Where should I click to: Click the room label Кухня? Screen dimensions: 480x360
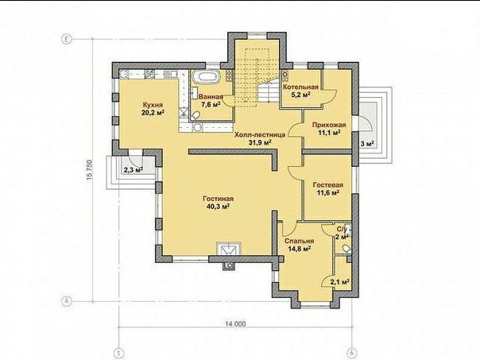click(x=153, y=105)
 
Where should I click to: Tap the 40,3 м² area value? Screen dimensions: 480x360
click(x=219, y=207)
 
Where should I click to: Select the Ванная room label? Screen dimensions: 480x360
click(x=211, y=97)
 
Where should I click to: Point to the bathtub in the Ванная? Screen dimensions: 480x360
click(x=206, y=76)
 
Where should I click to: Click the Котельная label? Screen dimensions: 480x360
click(x=300, y=87)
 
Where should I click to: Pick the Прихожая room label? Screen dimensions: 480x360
click(x=329, y=125)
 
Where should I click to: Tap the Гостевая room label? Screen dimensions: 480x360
click(x=328, y=185)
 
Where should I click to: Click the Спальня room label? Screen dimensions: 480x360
click(x=299, y=241)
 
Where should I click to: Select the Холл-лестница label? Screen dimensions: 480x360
click(x=260, y=134)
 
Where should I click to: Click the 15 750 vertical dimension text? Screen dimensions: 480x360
click(x=90, y=172)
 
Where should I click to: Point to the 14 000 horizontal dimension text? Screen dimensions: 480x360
click(x=235, y=323)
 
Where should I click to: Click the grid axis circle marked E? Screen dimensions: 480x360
click(x=66, y=39)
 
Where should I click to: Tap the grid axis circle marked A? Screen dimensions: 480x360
click(x=66, y=301)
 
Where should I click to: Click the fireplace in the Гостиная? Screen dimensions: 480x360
click(x=228, y=249)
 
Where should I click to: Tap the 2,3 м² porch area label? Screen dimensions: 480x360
click(x=134, y=169)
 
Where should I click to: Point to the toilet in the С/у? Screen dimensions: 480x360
click(x=346, y=249)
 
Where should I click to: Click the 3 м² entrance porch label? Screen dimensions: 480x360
click(x=368, y=143)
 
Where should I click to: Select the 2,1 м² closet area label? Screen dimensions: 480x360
click(x=340, y=281)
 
